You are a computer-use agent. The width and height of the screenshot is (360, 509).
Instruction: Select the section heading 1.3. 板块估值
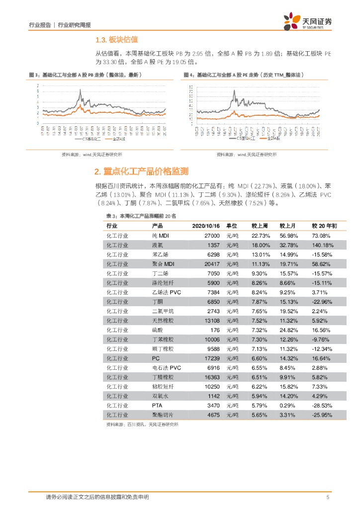coord(116,39)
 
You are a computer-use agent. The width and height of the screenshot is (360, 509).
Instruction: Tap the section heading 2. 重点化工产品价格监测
coord(141,171)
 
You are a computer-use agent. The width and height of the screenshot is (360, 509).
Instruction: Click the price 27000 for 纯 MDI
coord(212,235)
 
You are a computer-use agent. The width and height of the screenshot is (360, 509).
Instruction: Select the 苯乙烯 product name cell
coord(160,254)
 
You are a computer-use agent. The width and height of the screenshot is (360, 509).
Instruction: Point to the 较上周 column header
coord(259,226)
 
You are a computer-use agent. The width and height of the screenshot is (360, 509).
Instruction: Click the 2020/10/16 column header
coord(206,226)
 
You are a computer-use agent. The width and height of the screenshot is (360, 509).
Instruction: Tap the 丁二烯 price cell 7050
coord(213,273)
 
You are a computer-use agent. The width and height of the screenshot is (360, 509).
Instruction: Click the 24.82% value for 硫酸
coord(288,330)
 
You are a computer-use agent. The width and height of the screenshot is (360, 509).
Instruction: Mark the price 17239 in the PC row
coord(211,358)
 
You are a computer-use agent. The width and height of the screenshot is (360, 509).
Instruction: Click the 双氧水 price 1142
coord(213,396)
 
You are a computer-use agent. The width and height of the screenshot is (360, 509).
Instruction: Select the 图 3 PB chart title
coord(86,75)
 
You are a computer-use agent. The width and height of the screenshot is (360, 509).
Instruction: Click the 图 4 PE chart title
coord(243,75)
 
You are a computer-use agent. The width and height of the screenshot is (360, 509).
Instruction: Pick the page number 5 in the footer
coord(328,497)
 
